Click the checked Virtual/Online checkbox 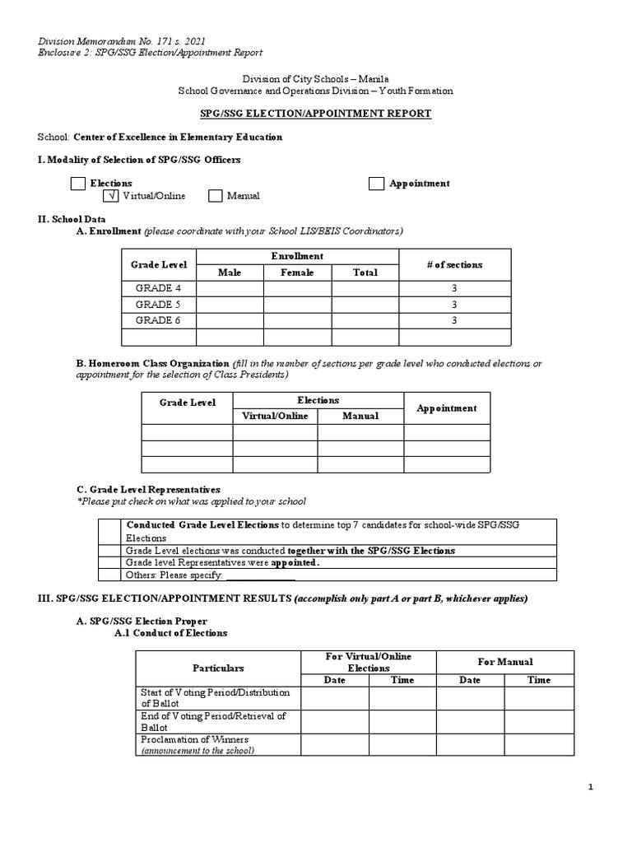tap(111, 196)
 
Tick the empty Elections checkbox tap(77, 184)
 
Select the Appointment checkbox tap(376, 184)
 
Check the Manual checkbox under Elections tap(216, 196)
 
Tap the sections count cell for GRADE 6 tap(454, 320)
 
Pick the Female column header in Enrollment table tap(297, 272)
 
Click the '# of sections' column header tap(454, 264)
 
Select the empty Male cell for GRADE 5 tap(230, 305)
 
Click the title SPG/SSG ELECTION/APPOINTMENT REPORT tap(316, 114)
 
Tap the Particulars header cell tap(217, 668)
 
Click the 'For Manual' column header tap(504, 661)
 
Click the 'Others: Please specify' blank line tap(260, 575)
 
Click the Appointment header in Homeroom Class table tap(446, 408)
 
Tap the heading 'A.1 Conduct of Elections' tap(170, 633)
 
